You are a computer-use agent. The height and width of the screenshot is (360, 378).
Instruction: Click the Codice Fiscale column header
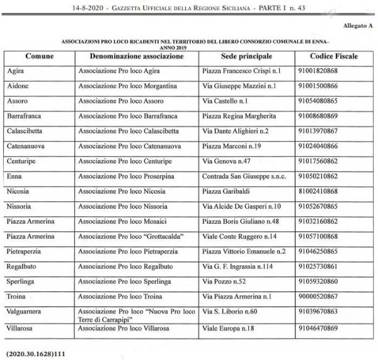[333, 57]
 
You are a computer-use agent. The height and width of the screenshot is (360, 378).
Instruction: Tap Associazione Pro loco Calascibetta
[128, 131]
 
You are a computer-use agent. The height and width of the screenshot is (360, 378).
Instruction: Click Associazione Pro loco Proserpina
[126, 177]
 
